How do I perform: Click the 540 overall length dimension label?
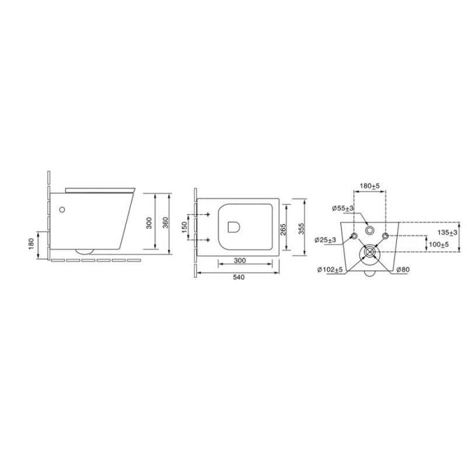[239, 277]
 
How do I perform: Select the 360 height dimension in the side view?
[166, 223]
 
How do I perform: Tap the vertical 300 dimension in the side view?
[149, 223]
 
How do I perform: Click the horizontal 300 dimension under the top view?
[240, 260]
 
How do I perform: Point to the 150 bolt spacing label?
[184, 227]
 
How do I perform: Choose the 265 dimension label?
[283, 229]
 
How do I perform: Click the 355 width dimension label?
[301, 229]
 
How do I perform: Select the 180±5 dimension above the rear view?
[370, 186]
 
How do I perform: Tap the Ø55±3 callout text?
[343, 208]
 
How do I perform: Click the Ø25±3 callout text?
[326, 240]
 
